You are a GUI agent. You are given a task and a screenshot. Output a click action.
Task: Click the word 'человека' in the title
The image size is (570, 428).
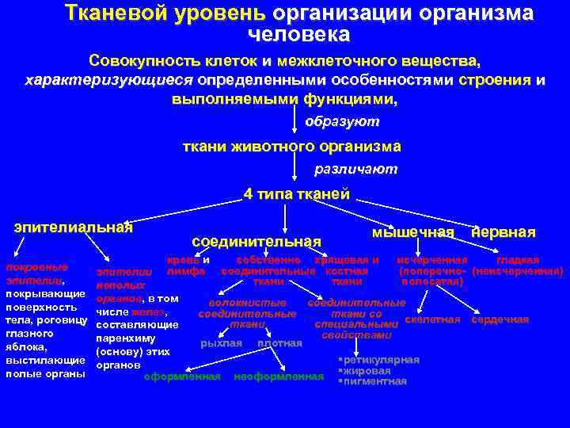(x=298, y=35)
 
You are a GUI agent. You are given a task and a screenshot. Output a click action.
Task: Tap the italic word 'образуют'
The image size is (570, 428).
(x=342, y=122)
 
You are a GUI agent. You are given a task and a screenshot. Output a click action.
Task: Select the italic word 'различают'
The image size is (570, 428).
(x=355, y=169)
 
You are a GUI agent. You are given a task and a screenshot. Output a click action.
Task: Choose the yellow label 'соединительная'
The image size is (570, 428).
(x=256, y=241)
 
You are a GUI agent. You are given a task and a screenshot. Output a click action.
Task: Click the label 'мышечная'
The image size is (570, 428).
(x=412, y=231)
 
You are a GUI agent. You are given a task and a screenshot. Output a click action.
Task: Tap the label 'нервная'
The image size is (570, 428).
(x=503, y=231)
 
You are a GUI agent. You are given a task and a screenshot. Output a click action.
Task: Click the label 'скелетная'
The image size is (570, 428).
(x=432, y=319)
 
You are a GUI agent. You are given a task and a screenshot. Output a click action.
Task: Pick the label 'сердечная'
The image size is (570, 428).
(x=500, y=319)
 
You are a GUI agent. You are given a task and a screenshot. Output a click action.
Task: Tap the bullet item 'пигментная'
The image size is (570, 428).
(x=374, y=381)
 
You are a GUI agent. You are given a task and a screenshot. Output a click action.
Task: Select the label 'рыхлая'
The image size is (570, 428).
(x=222, y=343)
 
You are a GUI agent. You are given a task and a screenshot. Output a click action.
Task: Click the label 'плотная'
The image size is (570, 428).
(x=280, y=343)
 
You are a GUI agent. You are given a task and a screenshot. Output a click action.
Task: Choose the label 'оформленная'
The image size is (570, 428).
(x=182, y=376)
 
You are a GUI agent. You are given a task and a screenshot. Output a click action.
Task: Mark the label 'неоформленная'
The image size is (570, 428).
(x=279, y=376)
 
